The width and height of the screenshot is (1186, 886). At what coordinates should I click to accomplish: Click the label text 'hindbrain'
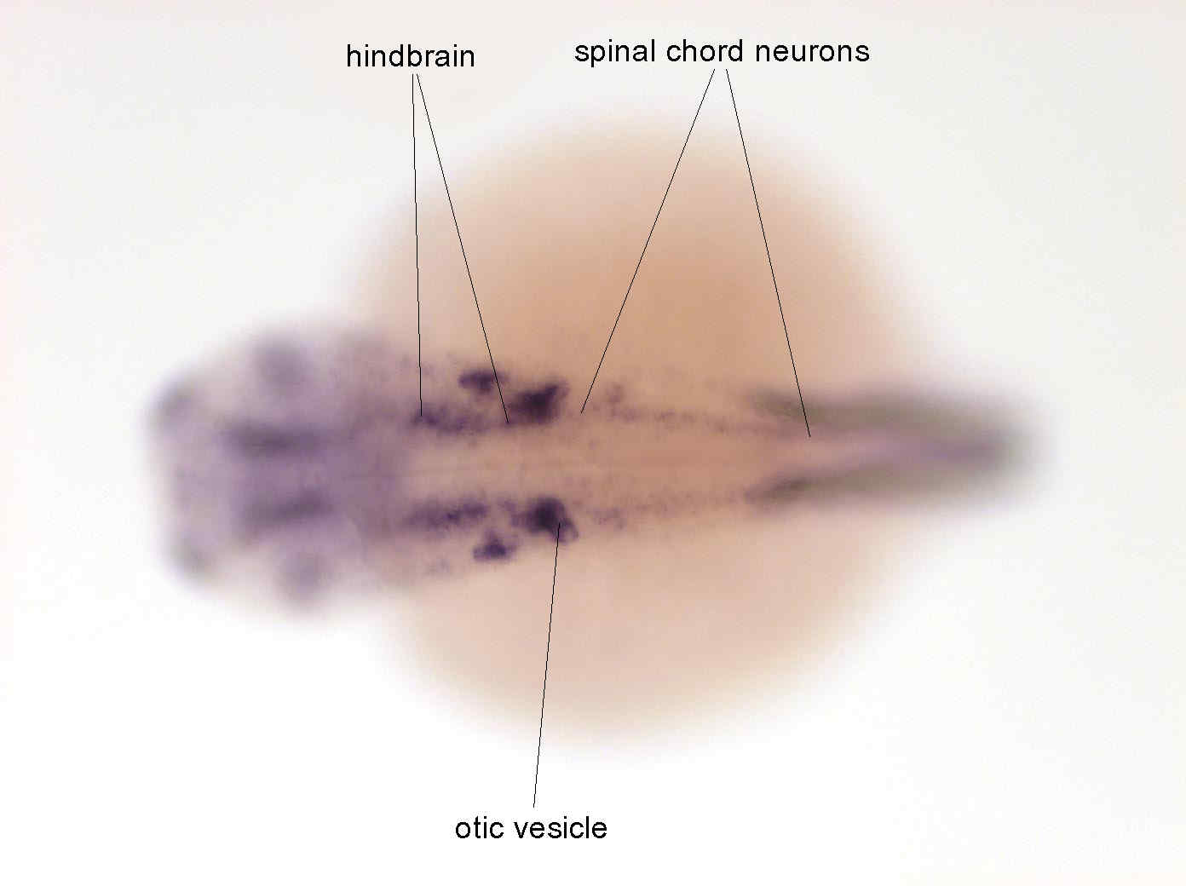point(410,56)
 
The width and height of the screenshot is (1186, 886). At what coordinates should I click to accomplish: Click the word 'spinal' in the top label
point(615,53)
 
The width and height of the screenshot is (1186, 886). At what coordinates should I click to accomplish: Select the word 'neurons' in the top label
point(812,53)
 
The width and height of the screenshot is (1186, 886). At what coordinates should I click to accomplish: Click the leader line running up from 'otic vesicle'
point(547,665)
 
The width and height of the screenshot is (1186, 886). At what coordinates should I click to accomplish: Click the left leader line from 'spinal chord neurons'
point(648,241)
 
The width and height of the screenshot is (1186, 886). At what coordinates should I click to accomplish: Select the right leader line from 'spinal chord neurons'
point(768,253)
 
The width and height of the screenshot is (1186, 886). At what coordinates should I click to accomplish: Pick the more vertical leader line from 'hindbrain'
point(417,245)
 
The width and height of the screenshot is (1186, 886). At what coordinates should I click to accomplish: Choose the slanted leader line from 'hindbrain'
point(462,248)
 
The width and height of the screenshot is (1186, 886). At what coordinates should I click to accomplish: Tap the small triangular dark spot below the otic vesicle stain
point(492,545)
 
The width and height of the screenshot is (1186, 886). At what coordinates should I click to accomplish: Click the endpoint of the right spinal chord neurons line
point(810,436)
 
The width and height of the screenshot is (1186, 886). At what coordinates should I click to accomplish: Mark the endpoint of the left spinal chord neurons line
point(581,413)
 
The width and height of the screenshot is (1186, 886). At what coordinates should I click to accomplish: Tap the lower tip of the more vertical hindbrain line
point(422,416)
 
